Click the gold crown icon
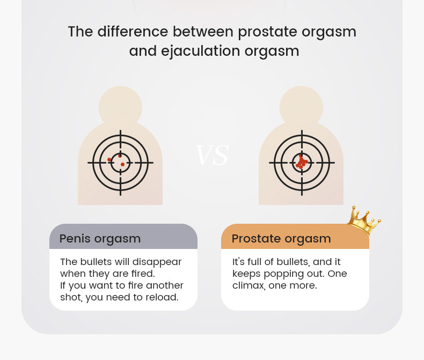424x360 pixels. tap(364, 221)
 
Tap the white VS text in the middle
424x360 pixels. tap(213, 155)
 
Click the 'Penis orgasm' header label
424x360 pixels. tap(100, 239)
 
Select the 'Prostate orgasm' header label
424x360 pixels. tap(281, 239)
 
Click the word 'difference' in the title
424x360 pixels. tap(133, 32)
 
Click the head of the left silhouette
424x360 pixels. tap(120, 107)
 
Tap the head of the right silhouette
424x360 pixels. tap(301, 107)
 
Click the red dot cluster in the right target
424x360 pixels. tap(302, 162)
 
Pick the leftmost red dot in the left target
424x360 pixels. tap(109, 160)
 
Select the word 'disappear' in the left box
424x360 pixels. tap(157, 262)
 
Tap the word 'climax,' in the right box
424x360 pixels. tap(248, 285)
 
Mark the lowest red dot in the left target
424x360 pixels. tap(122, 164)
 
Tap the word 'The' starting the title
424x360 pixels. tap(81, 32)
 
